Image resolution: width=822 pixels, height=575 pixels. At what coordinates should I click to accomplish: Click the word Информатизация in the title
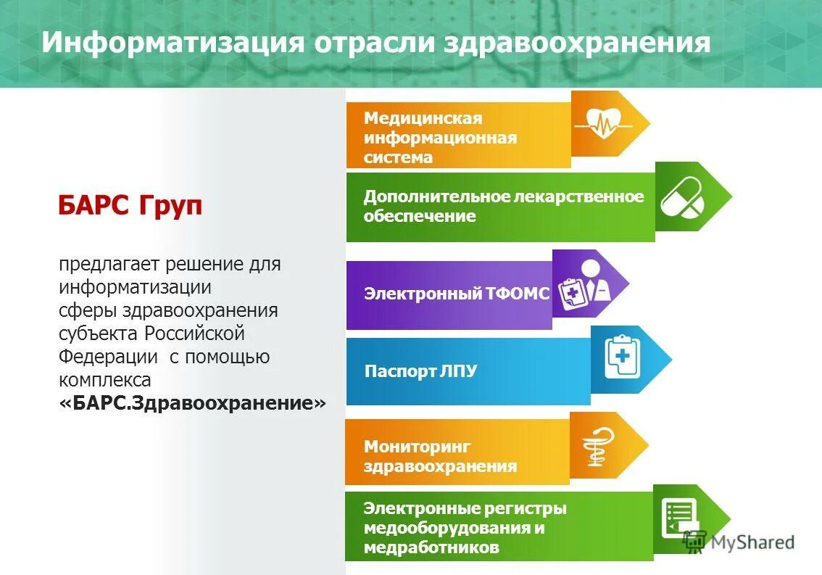tap(172, 42)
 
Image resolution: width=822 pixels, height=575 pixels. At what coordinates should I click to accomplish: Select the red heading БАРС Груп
tap(130, 207)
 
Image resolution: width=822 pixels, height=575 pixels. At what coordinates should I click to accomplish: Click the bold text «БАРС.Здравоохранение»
tap(192, 403)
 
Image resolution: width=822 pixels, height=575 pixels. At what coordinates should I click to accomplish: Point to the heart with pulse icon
tap(602, 123)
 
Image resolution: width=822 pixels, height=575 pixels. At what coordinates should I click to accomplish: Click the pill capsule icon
tap(681, 197)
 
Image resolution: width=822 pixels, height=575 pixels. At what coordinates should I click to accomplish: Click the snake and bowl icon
tap(601, 445)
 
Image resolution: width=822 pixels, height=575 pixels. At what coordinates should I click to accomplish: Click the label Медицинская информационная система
tap(440, 137)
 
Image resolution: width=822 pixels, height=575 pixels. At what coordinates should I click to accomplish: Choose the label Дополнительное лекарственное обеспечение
tap(503, 206)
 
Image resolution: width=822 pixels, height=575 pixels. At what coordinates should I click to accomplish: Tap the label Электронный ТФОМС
tap(457, 294)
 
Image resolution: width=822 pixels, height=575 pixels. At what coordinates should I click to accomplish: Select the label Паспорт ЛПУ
tap(420, 371)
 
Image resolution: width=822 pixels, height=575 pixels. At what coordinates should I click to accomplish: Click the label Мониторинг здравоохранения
tap(440, 456)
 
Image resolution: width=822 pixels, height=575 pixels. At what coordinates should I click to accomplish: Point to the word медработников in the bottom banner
tap(431, 547)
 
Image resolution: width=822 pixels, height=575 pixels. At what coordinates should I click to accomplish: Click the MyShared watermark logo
tap(739, 542)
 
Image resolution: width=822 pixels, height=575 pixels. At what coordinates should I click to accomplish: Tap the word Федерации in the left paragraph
tap(109, 357)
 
